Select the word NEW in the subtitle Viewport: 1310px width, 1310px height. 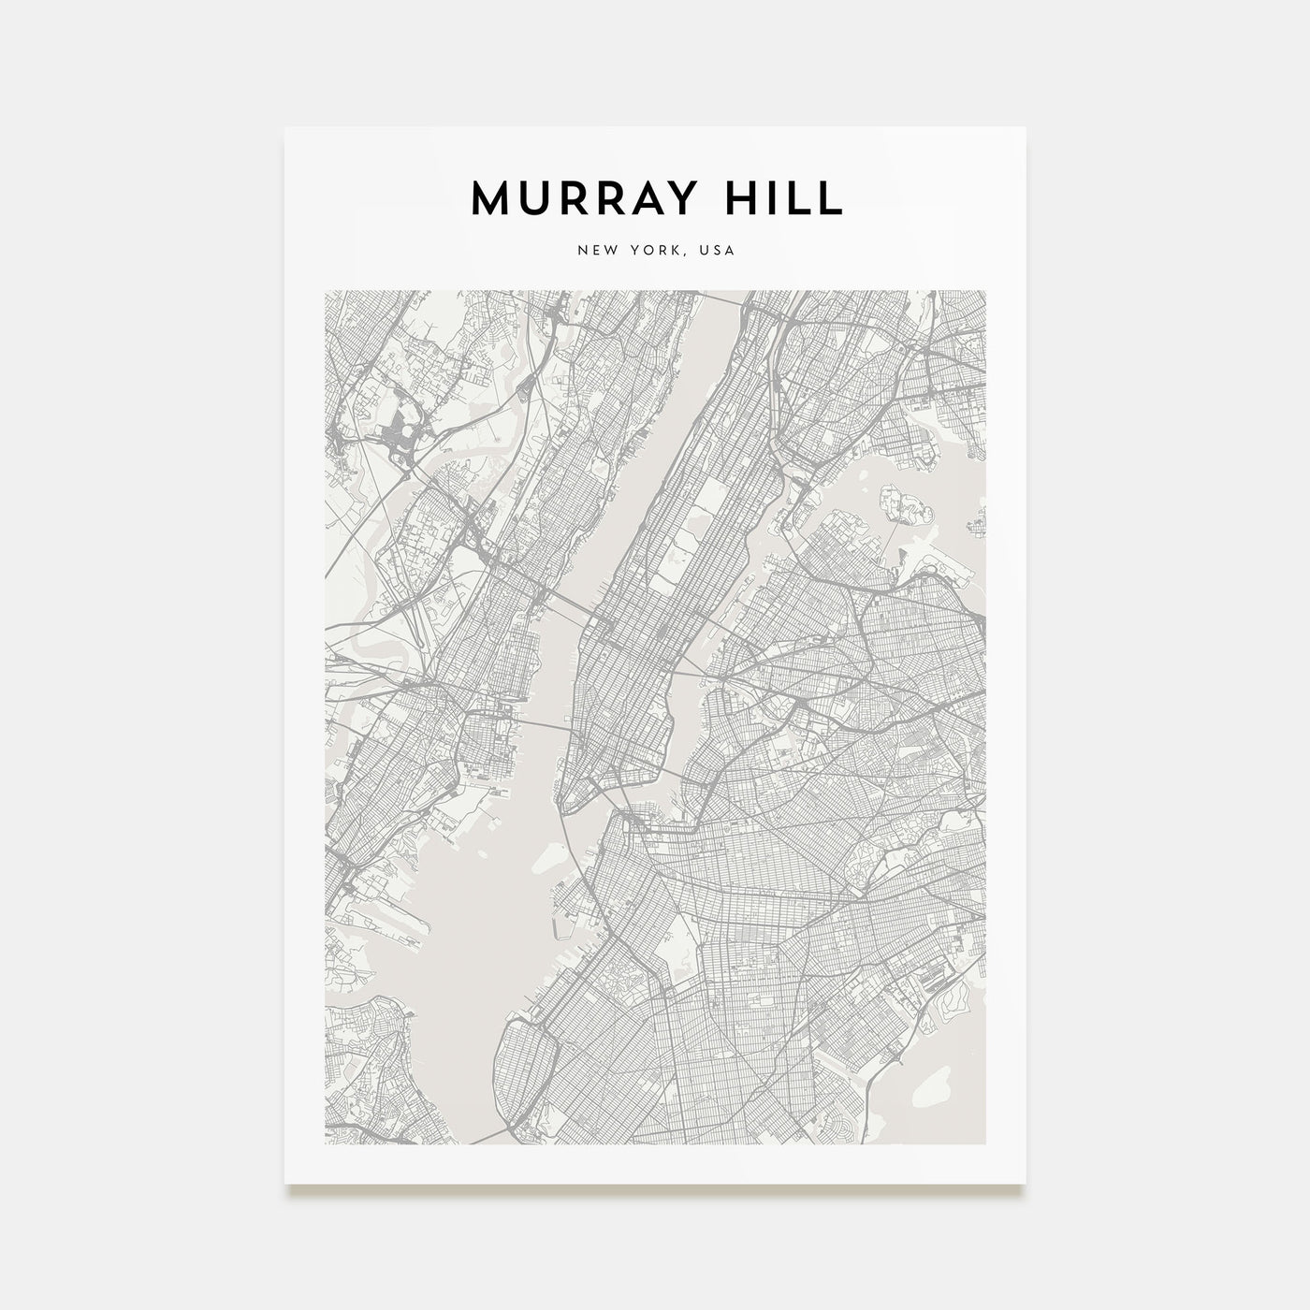click(x=597, y=251)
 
